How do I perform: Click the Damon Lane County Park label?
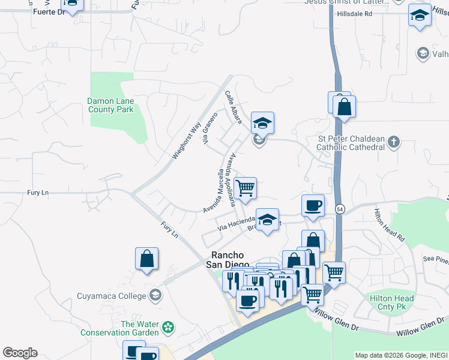click(110, 106)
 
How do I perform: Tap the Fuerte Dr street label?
click(49, 11)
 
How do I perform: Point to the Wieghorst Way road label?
click(185, 141)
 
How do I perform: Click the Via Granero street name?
click(210, 129)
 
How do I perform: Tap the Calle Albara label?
click(233, 108)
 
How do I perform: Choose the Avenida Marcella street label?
click(217, 190)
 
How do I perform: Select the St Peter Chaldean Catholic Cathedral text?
click(351, 143)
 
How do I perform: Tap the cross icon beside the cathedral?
click(393, 142)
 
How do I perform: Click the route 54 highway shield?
click(340, 208)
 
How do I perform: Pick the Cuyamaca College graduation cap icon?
click(155, 295)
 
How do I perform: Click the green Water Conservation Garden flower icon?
click(168, 328)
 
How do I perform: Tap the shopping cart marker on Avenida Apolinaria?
click(245, 188)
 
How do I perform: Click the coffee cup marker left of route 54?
click(313, 206)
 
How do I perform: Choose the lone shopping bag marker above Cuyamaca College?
click(146, 259)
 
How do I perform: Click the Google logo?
click(20, 353)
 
